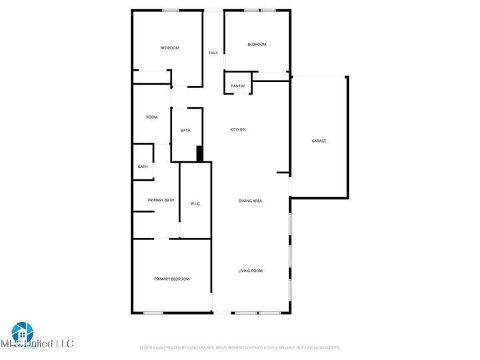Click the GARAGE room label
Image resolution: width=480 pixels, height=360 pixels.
click(x=319, y=141)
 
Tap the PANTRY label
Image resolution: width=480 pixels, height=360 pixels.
click(x=238, y=86)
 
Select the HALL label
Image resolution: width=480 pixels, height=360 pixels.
click(x=213, y=53)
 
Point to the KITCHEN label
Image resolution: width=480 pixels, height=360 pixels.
click(x=238, y=129)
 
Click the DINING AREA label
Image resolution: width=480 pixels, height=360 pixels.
click(x=250, y=200)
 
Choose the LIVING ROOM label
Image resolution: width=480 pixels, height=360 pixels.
click(x=251, y=271)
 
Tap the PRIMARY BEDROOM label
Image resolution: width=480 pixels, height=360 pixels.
click(x=172, y=279)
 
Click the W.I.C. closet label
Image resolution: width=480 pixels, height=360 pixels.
click(x=195, y=203)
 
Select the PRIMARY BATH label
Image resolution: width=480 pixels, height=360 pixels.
click(x=161, y=200)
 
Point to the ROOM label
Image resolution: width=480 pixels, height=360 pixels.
click(x=152, y=117)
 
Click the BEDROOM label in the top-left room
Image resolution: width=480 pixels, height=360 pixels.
click(x=169, y=48)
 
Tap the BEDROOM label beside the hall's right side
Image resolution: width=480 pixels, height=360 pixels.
click(x=257, y=45)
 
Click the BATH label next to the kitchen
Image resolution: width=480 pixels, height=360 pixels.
click(x=185, y=131)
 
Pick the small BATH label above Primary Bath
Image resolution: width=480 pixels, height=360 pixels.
click(x=143, y=167)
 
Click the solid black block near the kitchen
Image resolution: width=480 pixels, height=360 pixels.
click(x=199, y=154)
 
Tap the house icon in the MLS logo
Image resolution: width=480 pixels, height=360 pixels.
click(x=22, y=332)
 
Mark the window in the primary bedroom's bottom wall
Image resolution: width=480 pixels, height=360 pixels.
click(x=153, y=313)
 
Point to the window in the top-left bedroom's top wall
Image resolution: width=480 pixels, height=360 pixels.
click(x=170, y=10)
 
